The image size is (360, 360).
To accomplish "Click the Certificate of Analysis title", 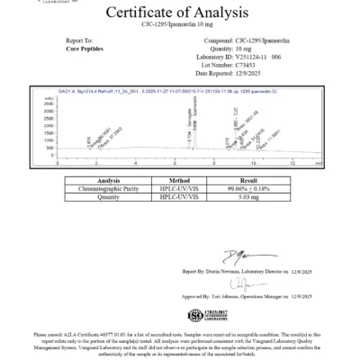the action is tap(180, 13).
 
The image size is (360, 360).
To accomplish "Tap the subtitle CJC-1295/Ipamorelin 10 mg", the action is tap(180, 25).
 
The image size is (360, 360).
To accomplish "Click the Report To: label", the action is tap(80, 40).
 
